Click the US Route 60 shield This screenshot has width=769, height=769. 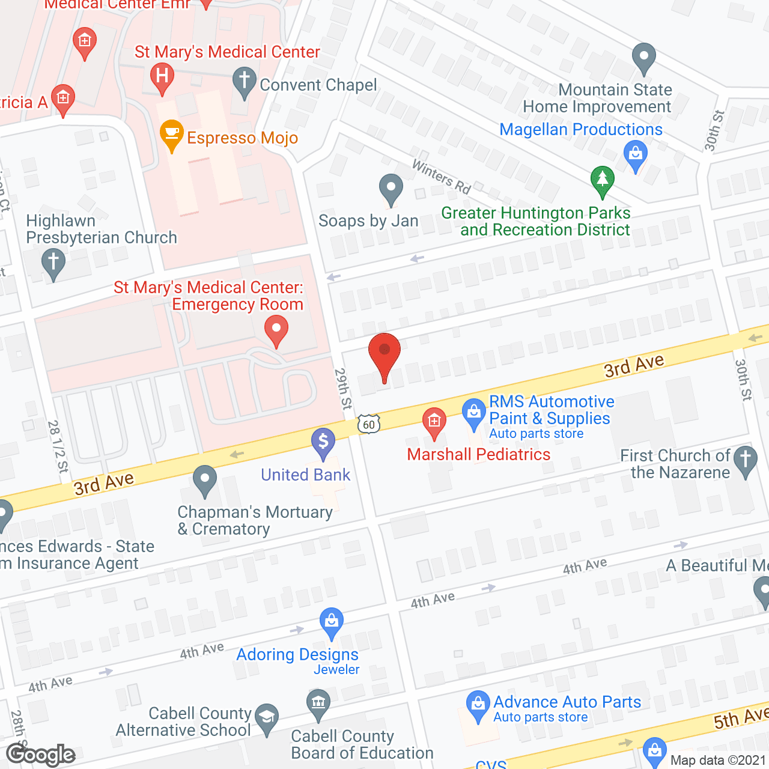[x=369, y=424]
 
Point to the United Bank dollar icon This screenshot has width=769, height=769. [x=323, y=442]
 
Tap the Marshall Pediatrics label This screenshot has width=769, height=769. [x=478, y=454]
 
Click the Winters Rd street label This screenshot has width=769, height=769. [x=442, y=177]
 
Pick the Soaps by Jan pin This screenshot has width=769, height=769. [x=391, y=189]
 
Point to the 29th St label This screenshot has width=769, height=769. [x=343, y=389]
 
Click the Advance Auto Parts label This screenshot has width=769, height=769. [x=567, y=702]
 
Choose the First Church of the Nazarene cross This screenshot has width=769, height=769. [x=746, y=460]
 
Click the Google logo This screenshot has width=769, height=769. [x=41, y=755]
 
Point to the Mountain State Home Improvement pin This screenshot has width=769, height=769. [x=644, y=58]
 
